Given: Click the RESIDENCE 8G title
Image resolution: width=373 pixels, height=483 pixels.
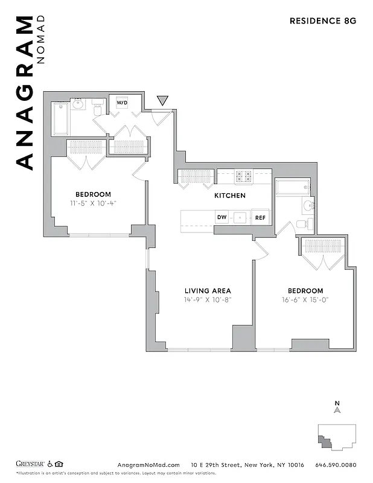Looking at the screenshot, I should tap(323, 20).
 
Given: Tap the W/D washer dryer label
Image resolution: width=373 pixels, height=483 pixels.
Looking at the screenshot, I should tap(122, 103).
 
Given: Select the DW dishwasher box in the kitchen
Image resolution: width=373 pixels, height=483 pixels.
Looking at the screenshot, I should tap(222, 217).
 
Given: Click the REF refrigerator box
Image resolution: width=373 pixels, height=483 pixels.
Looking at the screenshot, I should tap(260, 217).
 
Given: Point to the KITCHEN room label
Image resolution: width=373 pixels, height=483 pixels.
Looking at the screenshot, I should tap(230, 196).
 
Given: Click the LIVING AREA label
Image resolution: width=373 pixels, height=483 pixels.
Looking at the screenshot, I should tap(208, 290).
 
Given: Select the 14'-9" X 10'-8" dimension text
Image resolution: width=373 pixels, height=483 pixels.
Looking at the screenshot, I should tap(208, 299).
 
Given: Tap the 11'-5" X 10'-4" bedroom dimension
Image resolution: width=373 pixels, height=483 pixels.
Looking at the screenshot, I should tap(93, 203).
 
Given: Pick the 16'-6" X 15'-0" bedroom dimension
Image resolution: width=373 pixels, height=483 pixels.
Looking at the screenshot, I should tap(305, 299).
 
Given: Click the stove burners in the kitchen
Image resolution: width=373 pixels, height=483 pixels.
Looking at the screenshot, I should tap(243, 176).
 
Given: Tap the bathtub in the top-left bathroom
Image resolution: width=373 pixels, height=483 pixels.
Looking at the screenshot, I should tap(61, 119).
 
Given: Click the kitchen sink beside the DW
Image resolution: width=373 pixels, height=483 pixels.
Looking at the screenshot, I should tap(240, 217).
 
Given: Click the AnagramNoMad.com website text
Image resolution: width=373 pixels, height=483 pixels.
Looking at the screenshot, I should tap(148, 464).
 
